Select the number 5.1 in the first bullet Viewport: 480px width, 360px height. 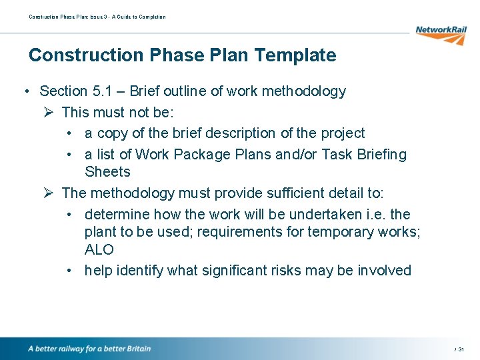point(103,91)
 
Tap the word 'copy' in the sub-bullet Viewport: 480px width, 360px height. point(112,133)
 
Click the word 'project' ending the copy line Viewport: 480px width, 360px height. point(341,133)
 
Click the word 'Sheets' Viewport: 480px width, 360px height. point(107,172)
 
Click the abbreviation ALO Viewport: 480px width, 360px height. point(99,250)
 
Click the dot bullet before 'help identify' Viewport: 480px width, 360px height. point(70,271)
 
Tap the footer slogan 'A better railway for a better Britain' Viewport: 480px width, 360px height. point(89,349)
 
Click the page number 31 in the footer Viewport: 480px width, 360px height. point(461,349)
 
